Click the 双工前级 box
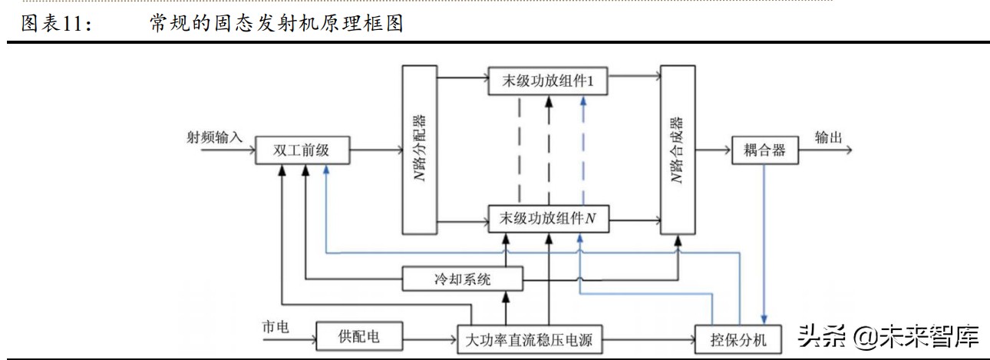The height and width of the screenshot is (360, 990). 302,150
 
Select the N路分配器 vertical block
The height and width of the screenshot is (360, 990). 419,150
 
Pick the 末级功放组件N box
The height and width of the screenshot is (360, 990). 548,220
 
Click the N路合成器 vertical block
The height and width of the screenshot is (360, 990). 677,150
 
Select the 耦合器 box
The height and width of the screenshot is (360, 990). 764,150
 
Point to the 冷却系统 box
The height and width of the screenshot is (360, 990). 463,279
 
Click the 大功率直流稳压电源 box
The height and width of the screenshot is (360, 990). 530,338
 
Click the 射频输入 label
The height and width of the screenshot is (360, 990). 214,137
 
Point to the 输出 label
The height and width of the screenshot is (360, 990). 829,137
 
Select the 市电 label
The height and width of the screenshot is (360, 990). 275,326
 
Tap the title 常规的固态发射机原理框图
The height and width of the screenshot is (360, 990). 276,24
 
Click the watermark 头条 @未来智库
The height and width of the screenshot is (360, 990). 889,336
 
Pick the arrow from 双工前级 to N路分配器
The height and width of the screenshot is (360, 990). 376,150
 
